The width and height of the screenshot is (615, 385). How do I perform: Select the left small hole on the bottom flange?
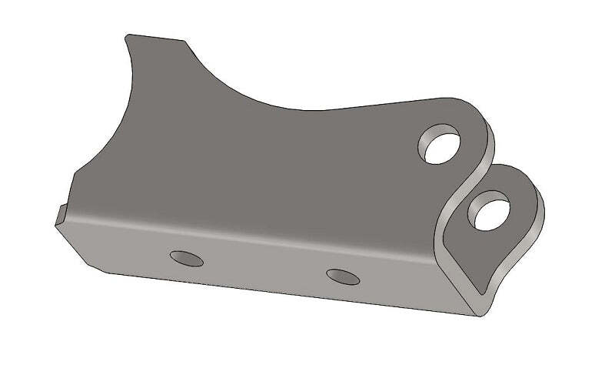(187, 258)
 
